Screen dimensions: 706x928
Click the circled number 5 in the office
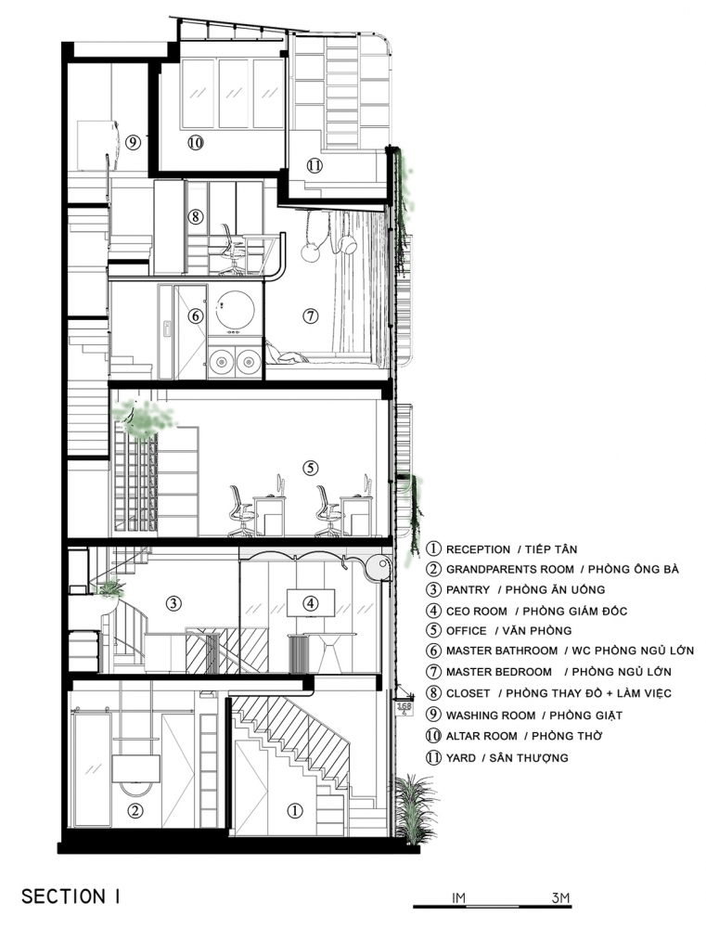310,468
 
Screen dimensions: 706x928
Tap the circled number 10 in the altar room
196,142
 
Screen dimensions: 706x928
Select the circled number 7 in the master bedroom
310,316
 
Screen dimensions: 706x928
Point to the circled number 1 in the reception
295,810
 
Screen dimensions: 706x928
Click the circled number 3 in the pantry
173,603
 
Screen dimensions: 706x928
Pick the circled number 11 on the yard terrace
314,165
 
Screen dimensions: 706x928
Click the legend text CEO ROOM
476,611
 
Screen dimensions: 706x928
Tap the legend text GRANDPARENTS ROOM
509,570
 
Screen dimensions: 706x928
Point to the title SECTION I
71,896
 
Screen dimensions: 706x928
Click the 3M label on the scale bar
559,897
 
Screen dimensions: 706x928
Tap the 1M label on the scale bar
458,897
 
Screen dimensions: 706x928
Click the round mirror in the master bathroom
236,309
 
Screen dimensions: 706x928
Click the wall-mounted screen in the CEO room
311,603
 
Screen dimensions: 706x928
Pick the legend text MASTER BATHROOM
502,651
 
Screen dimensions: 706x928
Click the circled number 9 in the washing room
133,142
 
